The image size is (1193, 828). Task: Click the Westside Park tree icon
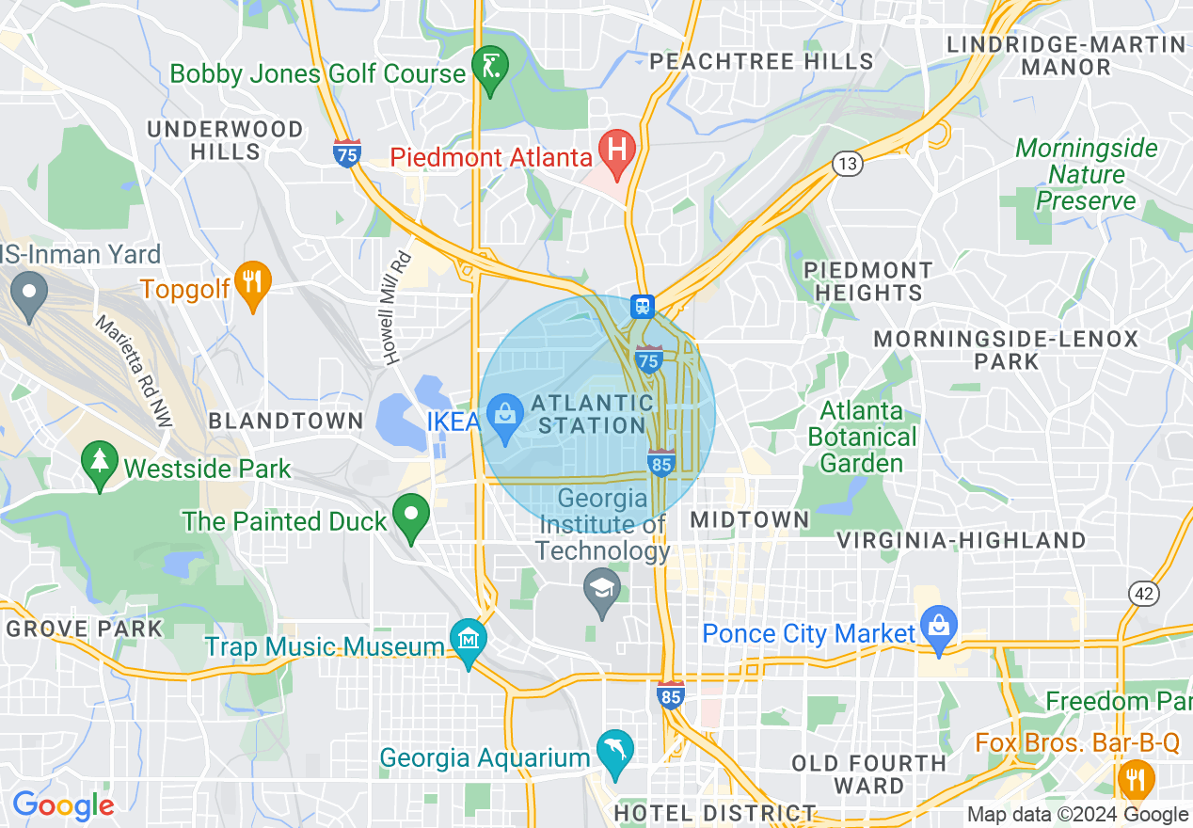tap(99, 463)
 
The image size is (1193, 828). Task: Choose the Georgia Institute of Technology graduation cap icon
tap(602, 591)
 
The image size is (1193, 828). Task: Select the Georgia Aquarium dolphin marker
tap(616, 752)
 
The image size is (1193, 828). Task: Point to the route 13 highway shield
tap(848, 165)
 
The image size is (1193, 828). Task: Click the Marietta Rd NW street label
tap(135, 372)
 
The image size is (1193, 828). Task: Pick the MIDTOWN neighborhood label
tap(749, 519)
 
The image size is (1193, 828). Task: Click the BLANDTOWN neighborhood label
tap(285, 421)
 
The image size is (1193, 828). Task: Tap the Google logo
tap(63, 805)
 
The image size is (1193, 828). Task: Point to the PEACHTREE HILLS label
tap(761, 62)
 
